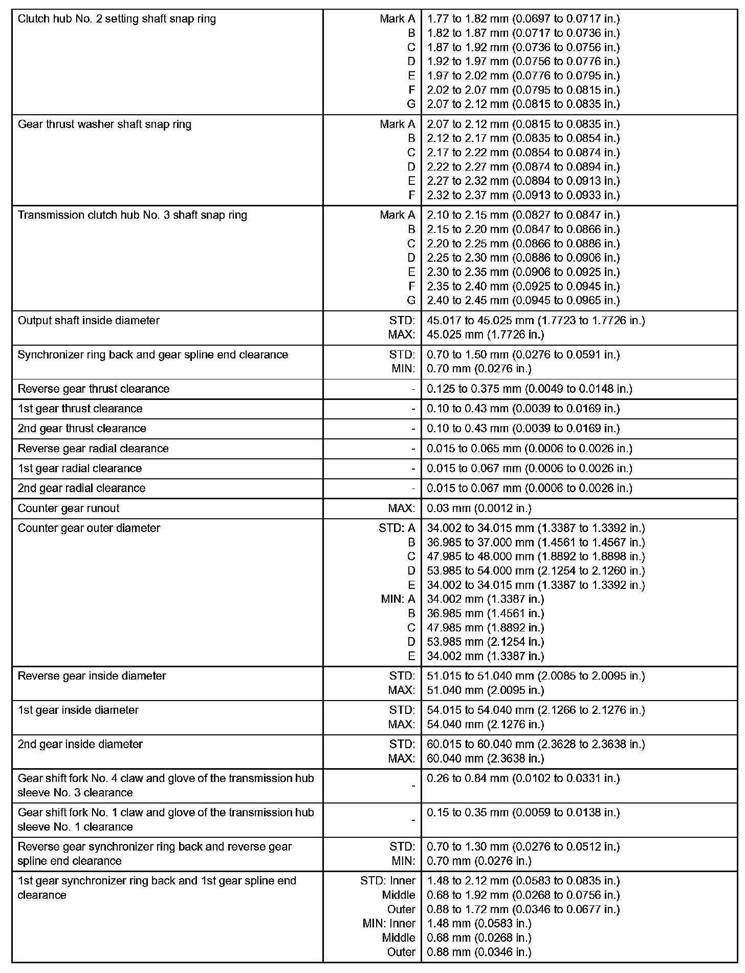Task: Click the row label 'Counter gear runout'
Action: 69,508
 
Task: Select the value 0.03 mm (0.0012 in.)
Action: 479,508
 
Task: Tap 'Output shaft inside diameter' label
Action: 89,321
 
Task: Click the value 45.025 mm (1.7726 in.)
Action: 485,335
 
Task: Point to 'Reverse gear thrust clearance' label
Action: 94,389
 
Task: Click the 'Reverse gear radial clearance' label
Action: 93,449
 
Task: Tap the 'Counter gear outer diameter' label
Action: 89,528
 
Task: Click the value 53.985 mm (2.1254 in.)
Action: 485,642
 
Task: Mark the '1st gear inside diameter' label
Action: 78,710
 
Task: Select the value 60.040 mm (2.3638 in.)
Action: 485,758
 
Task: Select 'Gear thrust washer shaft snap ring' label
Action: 104,124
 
